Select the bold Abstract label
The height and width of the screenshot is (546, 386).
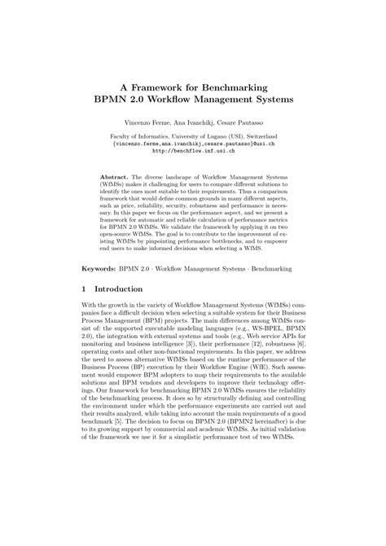(x=113, y=176)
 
